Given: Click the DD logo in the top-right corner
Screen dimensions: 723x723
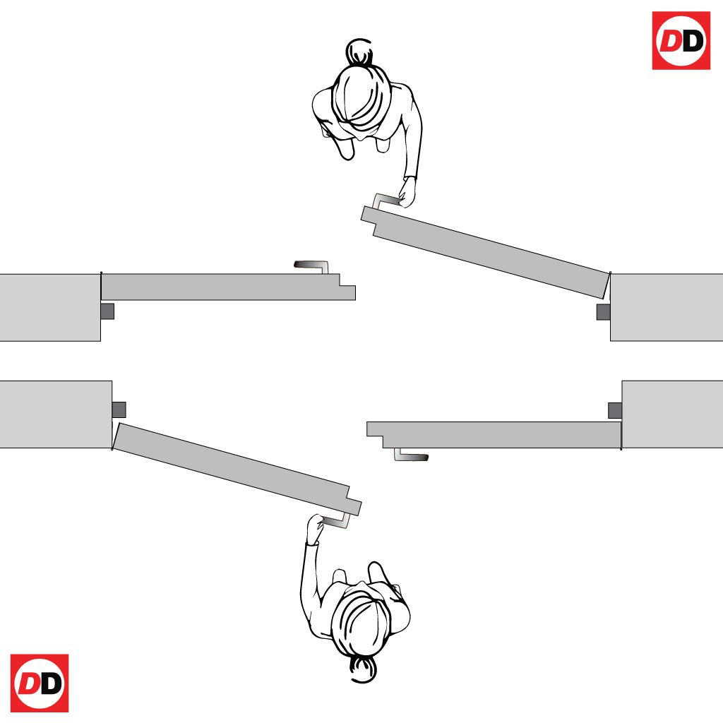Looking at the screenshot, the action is click(681, 40).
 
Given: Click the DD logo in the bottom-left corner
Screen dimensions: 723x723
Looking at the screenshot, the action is click(40, 683).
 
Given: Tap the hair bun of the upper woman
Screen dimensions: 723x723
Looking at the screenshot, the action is click(359, 51).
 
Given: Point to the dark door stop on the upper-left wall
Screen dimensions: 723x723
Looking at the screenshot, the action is click(107, 311).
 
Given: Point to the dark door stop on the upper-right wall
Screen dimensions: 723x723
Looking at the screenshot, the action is click(604, 312).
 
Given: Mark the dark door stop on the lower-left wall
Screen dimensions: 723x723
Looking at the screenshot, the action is click(119, 410).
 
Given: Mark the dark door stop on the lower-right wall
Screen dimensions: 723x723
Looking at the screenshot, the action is click(615, 410).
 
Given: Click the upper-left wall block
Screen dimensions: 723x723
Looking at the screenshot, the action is click(50, 308).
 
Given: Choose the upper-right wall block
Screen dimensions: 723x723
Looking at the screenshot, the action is click(667, 308).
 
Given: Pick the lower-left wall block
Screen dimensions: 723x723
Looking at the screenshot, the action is click(56, 414).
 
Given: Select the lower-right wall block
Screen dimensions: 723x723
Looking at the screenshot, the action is click(672, 414).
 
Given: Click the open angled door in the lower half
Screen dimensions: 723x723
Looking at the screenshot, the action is click(237, 470).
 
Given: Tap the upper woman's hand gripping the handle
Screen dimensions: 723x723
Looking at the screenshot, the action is click(407, 192).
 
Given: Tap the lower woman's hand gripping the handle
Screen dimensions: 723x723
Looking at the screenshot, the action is click(316, 528).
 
